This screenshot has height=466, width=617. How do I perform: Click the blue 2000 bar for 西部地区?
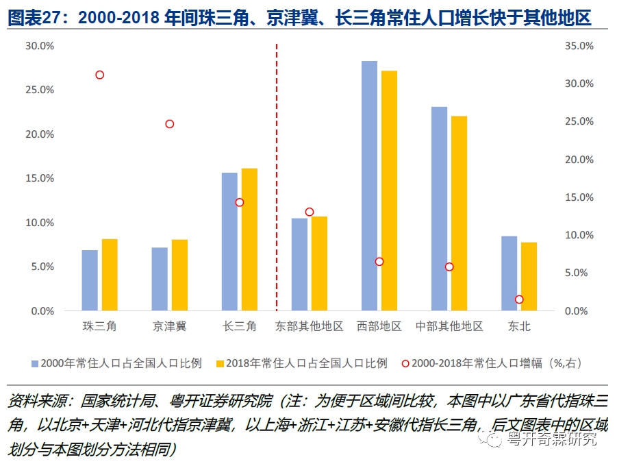pyautogui.click(x=369, y=186)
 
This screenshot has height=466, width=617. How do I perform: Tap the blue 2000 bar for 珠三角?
pyautogui.click(x=90, y=280)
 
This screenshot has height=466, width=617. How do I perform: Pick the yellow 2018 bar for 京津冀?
pyautogui.click(x=179, y=275)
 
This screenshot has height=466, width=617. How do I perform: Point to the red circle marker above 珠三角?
pyautogui.click(x=100, y=75)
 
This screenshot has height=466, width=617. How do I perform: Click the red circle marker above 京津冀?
pyautogui.click(x=170, y=124)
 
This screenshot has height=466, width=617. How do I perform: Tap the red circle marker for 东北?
pyautogui.click(x=519, y=299)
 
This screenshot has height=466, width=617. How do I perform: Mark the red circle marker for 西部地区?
pyautogui.click(x=379, y=262)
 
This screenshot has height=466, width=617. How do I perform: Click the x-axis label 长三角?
pyautogui.click(x=240, y=327)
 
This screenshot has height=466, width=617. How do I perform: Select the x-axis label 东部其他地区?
pyautogui.click(x=310, y=327)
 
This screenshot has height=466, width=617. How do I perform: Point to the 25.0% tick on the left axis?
pyautogui.click(x=39, y=90)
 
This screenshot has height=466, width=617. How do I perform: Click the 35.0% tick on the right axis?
pyautogui.click(x=578, y=46)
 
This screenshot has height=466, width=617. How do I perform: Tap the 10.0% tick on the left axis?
pyautogui.click(x=39, y=223)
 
